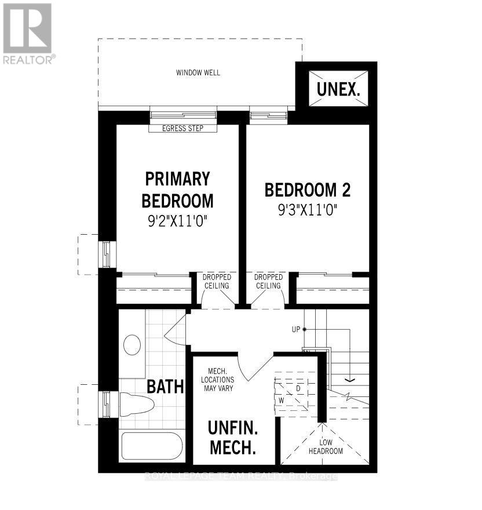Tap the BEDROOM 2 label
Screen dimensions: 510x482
(308, 190)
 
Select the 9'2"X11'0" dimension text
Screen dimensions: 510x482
(177, 220)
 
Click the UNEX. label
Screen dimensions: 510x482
(338, 90)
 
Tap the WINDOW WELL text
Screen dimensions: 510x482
(198, 73)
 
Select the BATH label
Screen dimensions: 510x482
(165, 386)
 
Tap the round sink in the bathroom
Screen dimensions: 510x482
(132, 345)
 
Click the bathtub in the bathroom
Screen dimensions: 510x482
(152, 446)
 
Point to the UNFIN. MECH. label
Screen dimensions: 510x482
(232, 438)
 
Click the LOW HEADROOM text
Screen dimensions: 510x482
(325, 447)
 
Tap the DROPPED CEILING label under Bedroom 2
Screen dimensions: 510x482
(268, 281)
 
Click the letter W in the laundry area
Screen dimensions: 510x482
(281, 400)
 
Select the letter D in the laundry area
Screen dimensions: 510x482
(298, 388)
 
